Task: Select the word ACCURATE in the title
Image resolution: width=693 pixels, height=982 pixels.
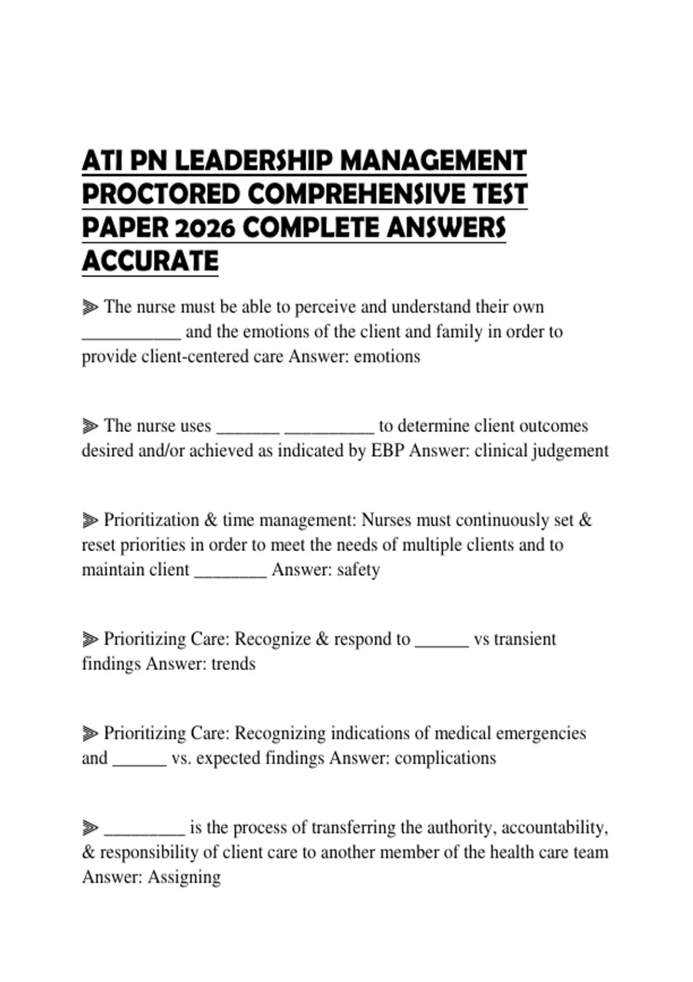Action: (x=150, y=261)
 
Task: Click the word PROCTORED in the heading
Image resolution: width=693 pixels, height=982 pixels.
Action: (x=161, y=195)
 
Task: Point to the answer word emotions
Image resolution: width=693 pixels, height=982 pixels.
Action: (x=387, y=356)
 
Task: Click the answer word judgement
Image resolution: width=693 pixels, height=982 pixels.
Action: (x=570, y=451)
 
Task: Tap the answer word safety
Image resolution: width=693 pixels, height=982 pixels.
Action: (x=358, y=570)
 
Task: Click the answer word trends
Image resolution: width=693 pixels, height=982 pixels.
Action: (x=233, y=664)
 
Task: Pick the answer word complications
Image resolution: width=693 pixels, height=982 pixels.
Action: (x=445, y=758)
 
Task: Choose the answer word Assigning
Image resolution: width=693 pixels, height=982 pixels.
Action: (x=184, y=877)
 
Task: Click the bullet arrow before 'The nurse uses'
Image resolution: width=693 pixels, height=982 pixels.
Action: (x=90, y=426)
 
